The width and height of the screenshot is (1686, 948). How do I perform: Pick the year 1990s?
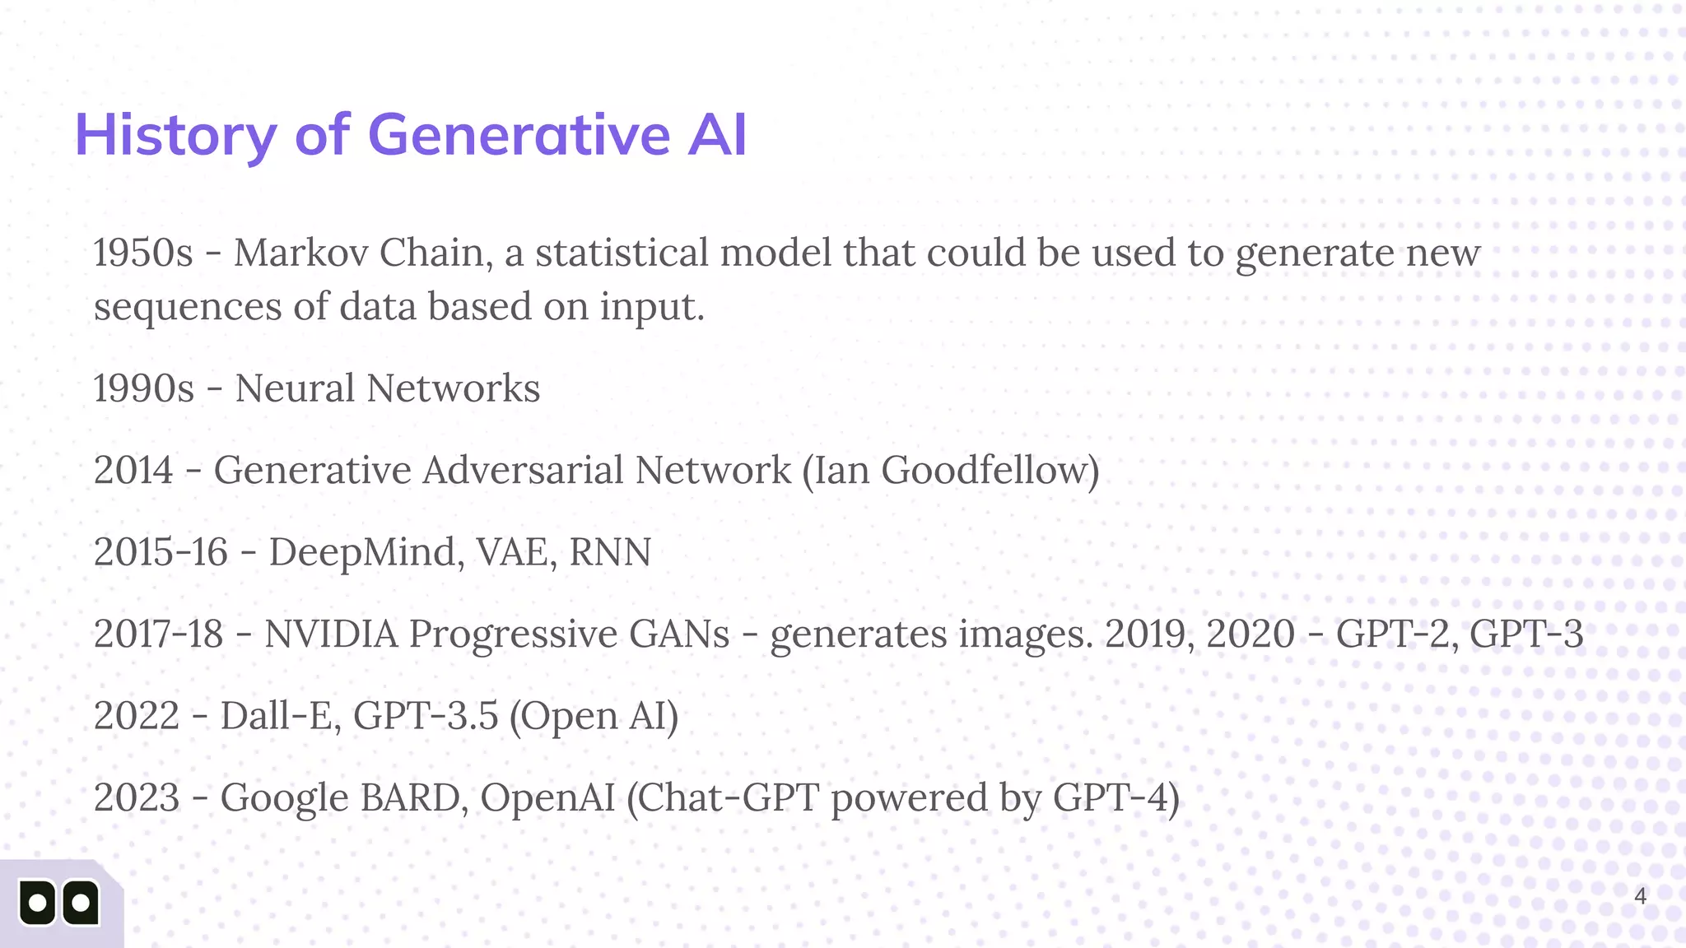point(143,388)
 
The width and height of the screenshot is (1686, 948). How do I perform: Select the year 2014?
point(133,470)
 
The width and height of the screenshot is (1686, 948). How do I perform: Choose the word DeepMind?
point(362,551)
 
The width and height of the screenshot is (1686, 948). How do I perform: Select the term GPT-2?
point(1391,634)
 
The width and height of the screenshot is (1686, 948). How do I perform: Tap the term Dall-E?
point(276,715)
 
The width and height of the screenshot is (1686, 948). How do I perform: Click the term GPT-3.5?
point(426,715)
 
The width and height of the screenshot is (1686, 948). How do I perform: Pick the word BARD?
point(409,797)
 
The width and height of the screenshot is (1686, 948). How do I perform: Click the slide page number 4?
point(1640,896)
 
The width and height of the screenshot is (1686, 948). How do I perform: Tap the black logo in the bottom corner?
point(59,903)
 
